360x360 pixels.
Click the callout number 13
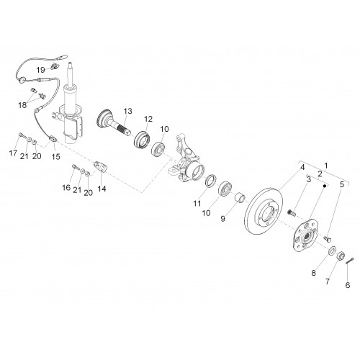coord(128,111)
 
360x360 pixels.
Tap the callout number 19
coord(41,70)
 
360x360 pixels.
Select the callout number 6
coord(348,285)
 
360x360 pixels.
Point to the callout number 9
coord(222,219)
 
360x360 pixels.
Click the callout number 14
coord(102,189)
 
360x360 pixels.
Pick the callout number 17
coord(13,153)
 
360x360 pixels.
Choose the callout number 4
coord(302,166)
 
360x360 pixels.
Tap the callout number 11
coord(197,204)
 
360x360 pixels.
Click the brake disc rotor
coord(264,211)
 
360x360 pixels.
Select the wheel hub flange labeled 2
coord(304,235)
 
